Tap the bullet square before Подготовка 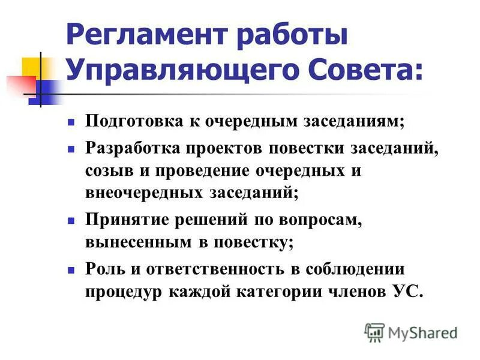(71, 122)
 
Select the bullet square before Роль (71, 269)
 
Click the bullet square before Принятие (71, 220)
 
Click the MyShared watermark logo (411, 332)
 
